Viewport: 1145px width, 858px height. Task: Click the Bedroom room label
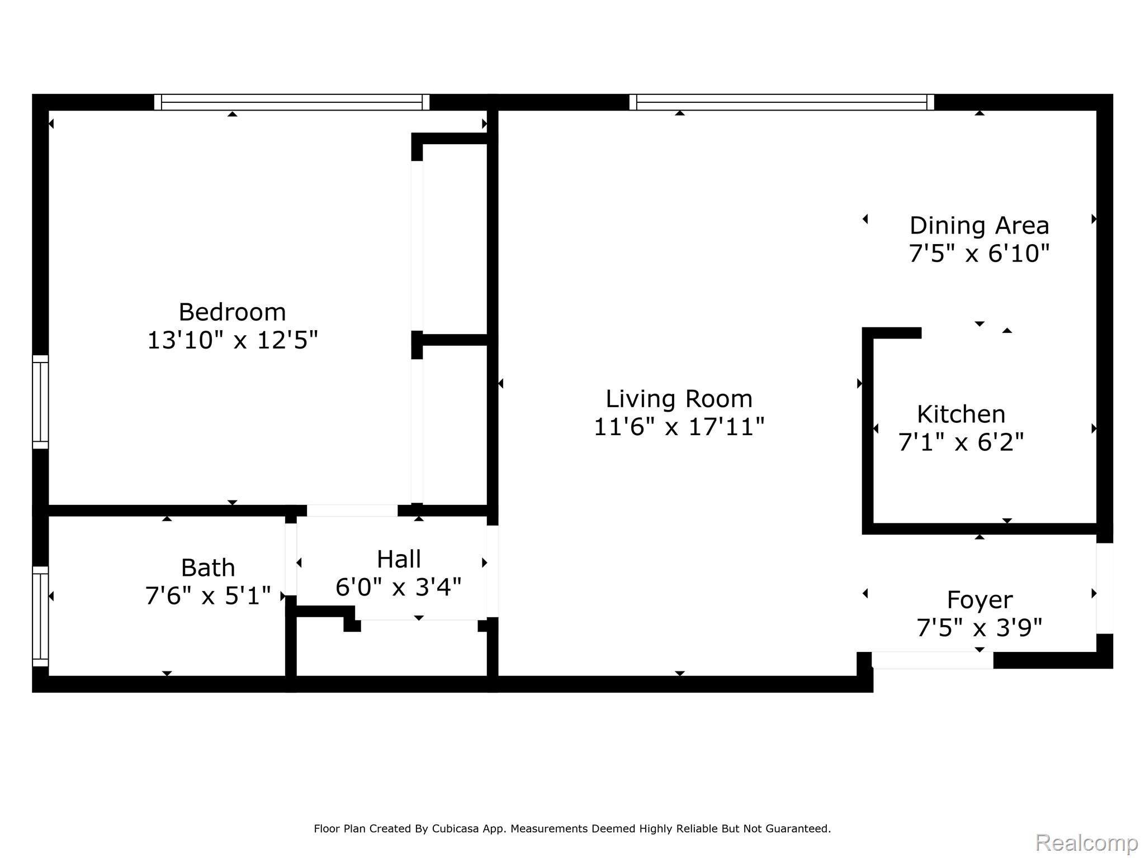(232, 312)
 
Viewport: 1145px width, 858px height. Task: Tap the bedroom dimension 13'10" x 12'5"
(232, 340)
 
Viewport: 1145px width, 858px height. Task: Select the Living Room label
(679, 399)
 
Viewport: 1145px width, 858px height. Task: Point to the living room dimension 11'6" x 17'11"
(679, 427)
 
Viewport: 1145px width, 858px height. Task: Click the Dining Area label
(979, 226)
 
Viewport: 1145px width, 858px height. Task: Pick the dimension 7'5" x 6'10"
(979, 254)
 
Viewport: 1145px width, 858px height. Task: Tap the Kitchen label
(961, 414)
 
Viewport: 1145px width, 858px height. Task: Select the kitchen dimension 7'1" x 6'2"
(961, 442)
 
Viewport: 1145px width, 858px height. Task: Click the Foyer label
(980, 600)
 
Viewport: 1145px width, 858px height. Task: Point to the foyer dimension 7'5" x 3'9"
(980, 628)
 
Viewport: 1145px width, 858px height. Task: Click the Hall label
(399, 559)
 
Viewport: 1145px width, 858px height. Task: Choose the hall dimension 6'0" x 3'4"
(399, 587)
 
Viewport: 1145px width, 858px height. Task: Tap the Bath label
(208, 568)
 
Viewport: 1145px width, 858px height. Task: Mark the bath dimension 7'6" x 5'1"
(208, 596)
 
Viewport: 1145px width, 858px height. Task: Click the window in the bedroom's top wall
(291, 102)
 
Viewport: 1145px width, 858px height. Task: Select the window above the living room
(781, 102)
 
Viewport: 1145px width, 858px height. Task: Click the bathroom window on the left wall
(40, 616)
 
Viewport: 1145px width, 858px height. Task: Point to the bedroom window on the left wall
(40, 402)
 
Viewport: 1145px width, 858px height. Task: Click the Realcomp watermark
(1086, 842)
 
